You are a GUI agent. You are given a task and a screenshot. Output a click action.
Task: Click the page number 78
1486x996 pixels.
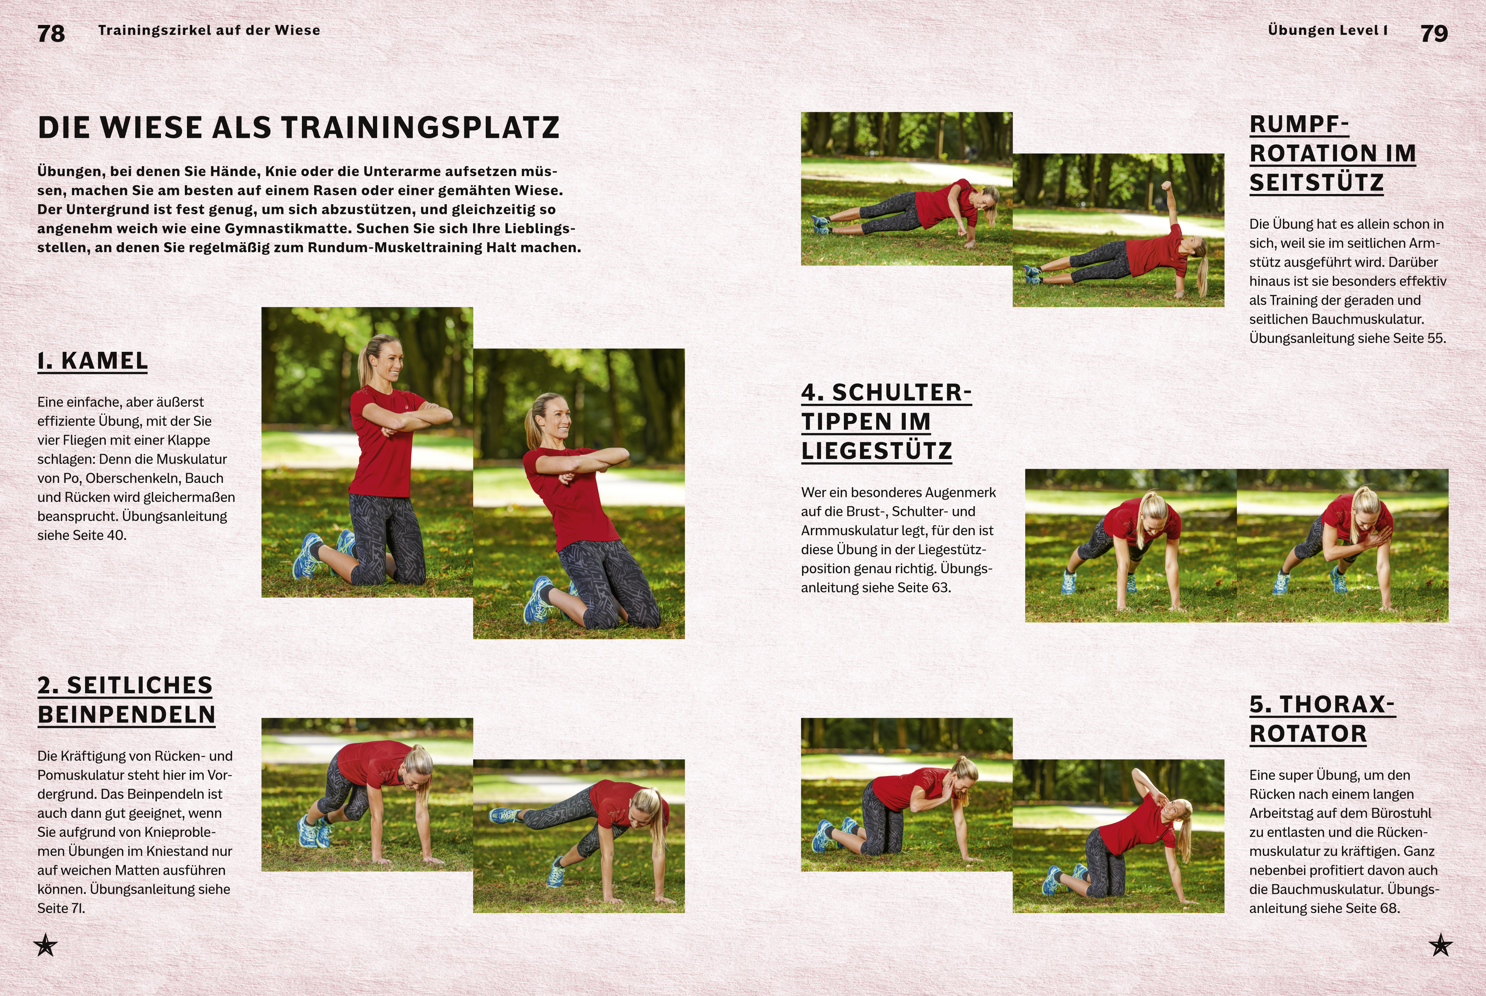51,33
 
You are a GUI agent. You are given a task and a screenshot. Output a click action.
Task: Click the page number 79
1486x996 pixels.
1434,33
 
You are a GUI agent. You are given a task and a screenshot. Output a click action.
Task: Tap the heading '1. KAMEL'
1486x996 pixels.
93,361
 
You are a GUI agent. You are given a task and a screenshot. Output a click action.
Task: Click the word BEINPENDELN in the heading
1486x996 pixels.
127,714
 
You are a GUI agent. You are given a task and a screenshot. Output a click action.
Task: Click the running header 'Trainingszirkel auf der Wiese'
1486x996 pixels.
209,30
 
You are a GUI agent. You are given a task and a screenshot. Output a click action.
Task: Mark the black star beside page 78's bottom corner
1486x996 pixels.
45,945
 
